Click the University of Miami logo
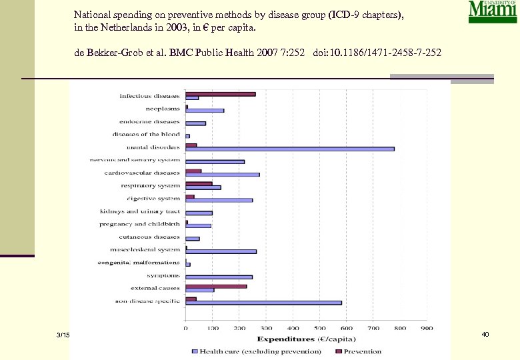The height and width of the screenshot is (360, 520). click(x=492, y=12)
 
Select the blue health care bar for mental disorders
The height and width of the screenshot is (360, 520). click(x=289, y=149)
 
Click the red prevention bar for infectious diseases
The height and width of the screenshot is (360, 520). click(x=220, y=94)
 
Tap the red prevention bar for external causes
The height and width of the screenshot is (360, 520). click(x=216, y=286)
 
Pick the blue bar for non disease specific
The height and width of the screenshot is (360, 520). click(x=263, y=303)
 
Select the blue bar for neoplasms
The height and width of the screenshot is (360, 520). click(x=205, y=111)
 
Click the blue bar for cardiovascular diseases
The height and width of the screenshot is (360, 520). click(x=222, y=175)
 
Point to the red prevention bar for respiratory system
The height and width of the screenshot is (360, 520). click(x=199, y=183)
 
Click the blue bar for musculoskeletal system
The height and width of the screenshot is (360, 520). click(x=221, y=251)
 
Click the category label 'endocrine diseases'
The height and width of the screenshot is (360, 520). click(x=149, y=122)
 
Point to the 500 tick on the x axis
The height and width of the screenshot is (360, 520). click(x=319, y=328)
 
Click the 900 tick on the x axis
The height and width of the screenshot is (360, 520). click(x=426, y=328)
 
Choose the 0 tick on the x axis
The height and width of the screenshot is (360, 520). click(x=186, y=328)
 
